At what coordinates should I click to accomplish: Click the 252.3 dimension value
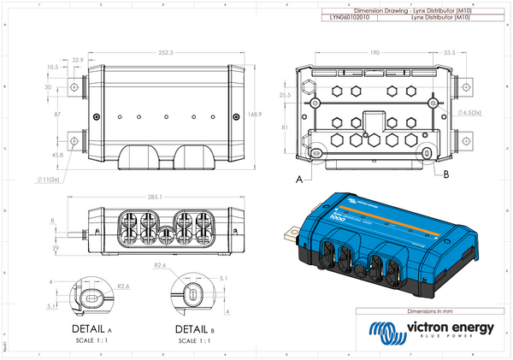[x=166, y=52]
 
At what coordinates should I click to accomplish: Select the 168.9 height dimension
[x=253, y=113]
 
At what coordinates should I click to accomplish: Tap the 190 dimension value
[x=374, y=52]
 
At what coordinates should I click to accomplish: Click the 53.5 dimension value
[x=449, y=52]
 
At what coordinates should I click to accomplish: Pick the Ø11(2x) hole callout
[x=49, y=180]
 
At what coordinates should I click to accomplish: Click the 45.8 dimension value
[x=57, y=155]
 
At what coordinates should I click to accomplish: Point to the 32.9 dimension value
[x=78, y=60]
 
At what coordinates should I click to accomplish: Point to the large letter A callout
[x=298, y=180]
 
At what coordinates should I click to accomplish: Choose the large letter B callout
[x=446, y=174]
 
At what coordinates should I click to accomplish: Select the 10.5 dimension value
[x=52, y=66]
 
